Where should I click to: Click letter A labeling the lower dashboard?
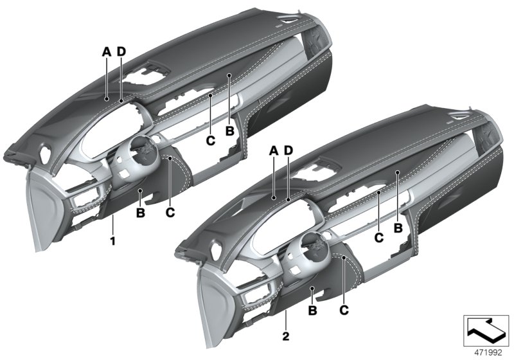(273, 150)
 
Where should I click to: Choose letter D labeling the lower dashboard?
(288, 150)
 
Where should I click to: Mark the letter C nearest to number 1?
(170, 210)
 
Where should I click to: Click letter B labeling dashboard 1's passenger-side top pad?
(229, 131)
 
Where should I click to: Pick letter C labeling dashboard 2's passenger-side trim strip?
(378, 238)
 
